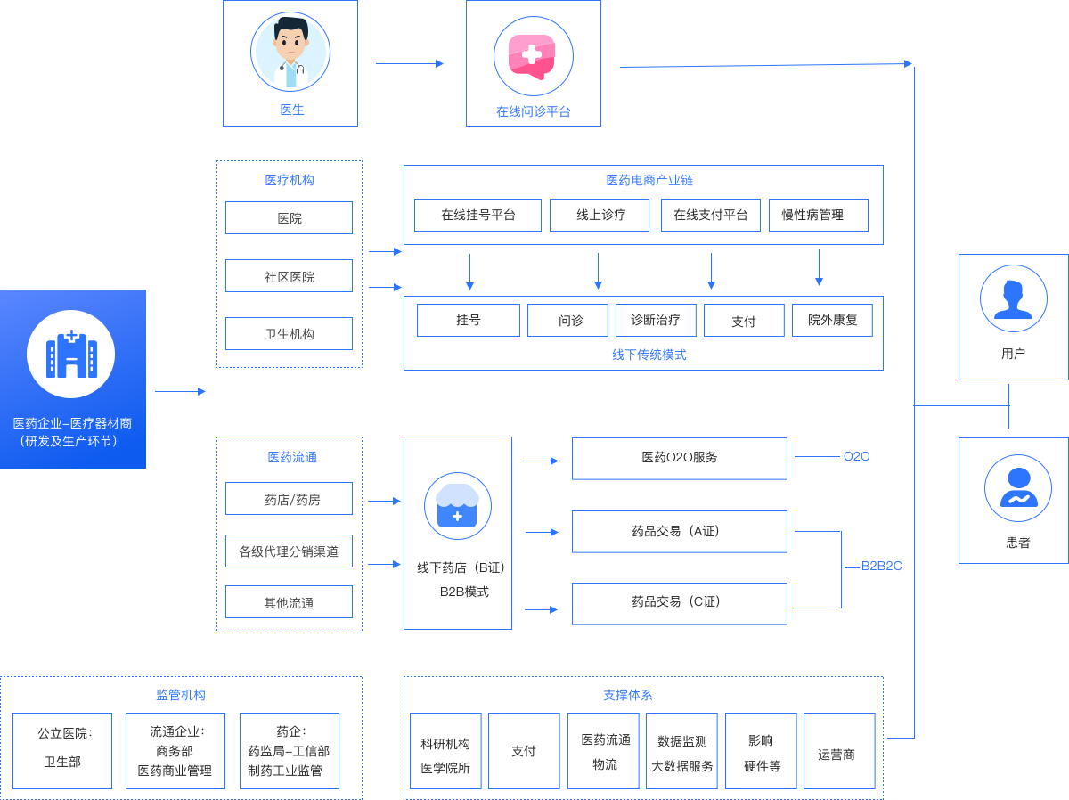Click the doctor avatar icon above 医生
point(290,51)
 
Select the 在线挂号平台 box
point(477,215)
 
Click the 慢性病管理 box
point(818,215)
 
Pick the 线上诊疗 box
point(599,215)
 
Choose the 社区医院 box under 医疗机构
point(289,276)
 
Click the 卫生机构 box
point(289,334)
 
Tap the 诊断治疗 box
point(655,321)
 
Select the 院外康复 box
point(832,321)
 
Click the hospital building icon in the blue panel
point(71,354)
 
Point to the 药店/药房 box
point(289,499)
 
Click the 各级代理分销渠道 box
point(289,551)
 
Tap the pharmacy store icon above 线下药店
point(458,506)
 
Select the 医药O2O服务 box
point(679,458)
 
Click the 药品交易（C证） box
point(679,603)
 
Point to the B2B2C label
point(881,566)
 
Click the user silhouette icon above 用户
point(1013,298)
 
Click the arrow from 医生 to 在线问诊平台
point(409,63)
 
